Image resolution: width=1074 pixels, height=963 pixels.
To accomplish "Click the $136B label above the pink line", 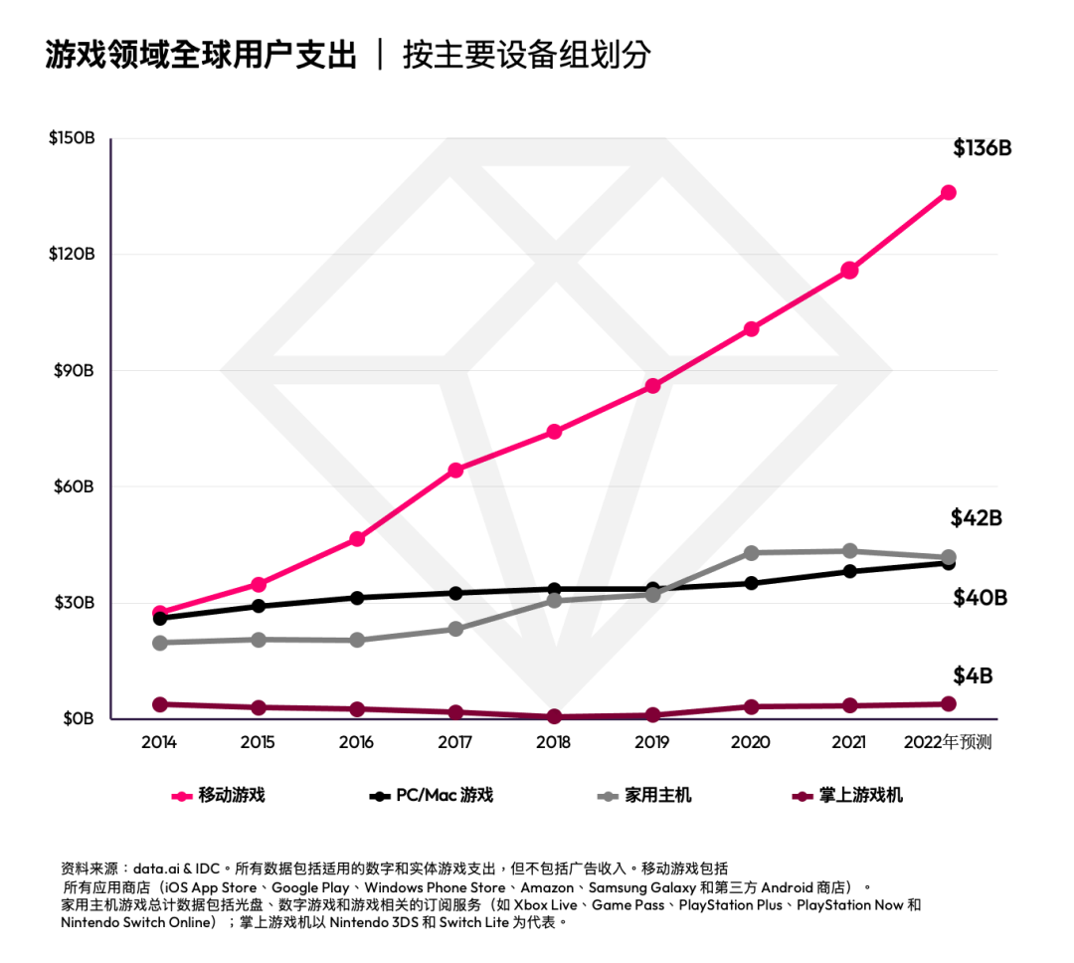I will pyautogui.click(x=982, y=148).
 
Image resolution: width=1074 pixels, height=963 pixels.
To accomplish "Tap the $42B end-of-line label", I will pyautogui.click(x=976, y=518).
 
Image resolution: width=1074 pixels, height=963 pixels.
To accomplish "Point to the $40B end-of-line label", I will pyautogui.click(x=980, y=598).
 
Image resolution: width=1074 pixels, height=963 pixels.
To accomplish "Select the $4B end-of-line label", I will pyautogui.click(x=973, y=676).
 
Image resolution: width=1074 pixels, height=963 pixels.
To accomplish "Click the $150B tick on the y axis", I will pyautogui.click(x=72, y=137).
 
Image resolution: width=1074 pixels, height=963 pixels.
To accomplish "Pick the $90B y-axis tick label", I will pyautogui.click(x=75, y=370).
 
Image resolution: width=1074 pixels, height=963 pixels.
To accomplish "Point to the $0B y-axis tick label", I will pyautogui.click(x=78, y=718).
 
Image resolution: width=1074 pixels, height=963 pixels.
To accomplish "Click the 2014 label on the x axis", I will pyautogui.click(x=159, y=742).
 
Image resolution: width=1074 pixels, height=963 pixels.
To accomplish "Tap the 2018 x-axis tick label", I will pyautogui.click(x=553, y=742).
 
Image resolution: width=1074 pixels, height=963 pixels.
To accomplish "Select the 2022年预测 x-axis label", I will pyautogui.click(x=947, y=742).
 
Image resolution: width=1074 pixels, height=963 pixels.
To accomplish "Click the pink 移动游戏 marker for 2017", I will pyautogui.click(x=455, y=470).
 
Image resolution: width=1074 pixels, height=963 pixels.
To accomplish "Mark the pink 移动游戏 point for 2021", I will pyautogui.click(x=849, y=270).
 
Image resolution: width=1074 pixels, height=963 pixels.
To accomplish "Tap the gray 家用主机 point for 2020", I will pyautogui.click(x=751, y=553).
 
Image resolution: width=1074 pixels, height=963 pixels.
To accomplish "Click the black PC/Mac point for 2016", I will pyautogui.click(x=357, y=598).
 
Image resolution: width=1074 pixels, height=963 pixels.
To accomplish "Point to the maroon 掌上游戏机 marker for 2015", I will pyautogui.click(x=259, y=707).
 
